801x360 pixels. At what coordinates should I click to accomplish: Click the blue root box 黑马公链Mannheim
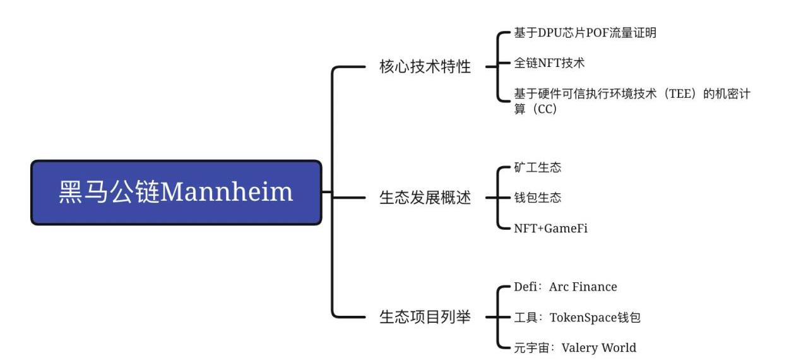tap(176, 192)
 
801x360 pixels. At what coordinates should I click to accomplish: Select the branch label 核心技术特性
tap(425, 67)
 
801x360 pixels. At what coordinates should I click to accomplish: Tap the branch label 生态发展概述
tap(425, 198)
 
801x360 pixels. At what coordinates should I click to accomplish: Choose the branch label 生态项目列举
tap(425, 316)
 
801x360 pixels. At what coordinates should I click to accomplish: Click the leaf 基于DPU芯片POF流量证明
tap(585, 33)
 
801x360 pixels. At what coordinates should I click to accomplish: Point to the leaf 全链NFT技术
tap(549, 63)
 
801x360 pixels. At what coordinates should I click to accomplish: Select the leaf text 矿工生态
tap(537, 167)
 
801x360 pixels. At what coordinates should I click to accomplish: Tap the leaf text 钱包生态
tap(537, 198)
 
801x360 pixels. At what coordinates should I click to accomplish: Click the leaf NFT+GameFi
tap(550, 228)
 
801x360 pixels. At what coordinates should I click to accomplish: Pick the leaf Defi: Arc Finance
tap(565, 287)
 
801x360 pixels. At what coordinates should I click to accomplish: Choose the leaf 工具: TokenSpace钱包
tap(577, 317)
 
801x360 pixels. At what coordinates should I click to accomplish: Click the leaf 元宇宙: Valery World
tap(575, 347)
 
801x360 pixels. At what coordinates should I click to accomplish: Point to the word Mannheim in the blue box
tap(227, 192)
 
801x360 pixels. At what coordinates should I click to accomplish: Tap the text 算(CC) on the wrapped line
tap(535, 109)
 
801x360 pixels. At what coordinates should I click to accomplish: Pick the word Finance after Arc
tap(595, 287)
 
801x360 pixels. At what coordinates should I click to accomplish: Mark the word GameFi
tap(566, 228)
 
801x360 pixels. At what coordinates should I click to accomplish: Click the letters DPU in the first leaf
tap(550, 33)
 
